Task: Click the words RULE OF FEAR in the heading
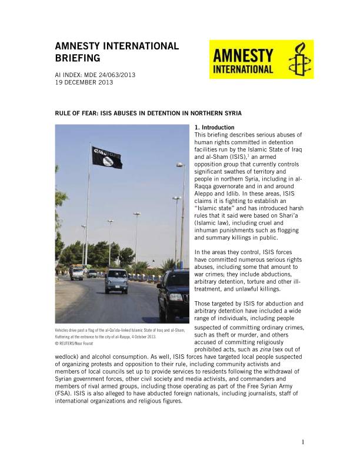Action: (x=79, y=113)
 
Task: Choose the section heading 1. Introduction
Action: (x=214, y=128)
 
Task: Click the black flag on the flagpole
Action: (x=106, y=157)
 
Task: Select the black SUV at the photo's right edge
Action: (x=175, y=294)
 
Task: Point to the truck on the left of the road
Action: (x=77, y=272)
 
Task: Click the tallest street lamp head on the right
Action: (x=179, y=166)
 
